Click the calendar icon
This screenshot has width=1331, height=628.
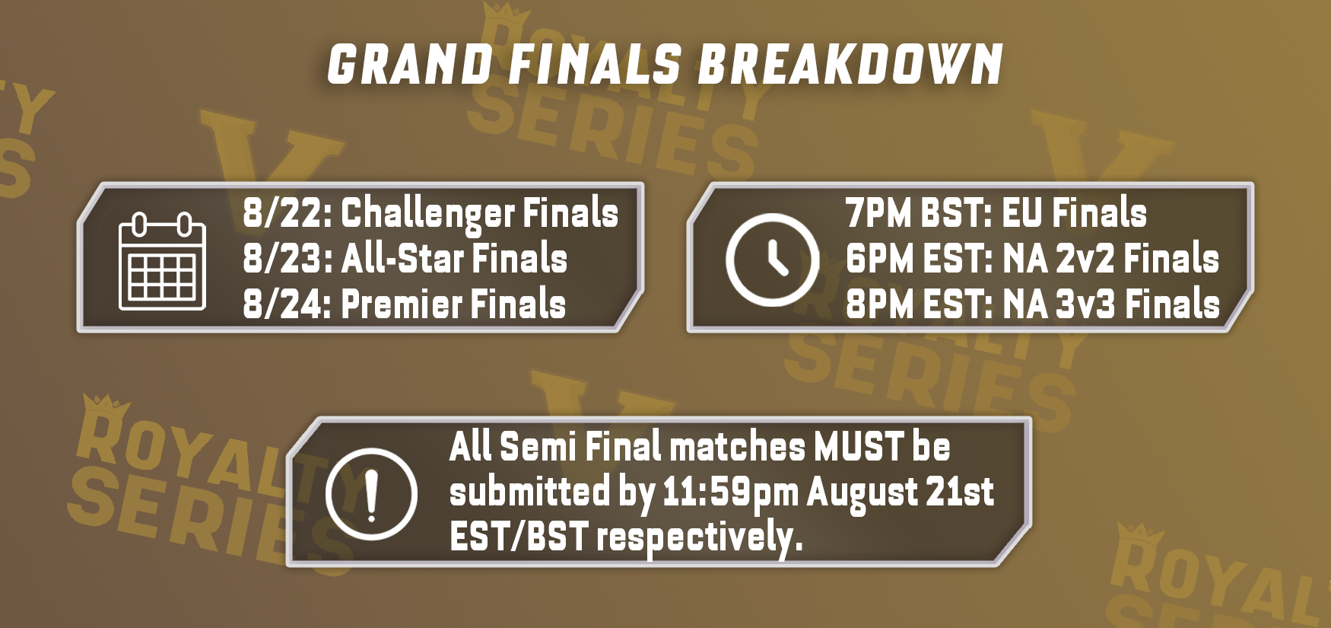pos(163,261)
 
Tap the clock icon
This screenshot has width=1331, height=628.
pos(771,260)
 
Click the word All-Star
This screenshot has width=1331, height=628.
pos(402,258)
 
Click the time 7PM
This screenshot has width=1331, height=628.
pos(878,212)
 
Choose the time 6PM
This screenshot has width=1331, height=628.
pos(878,258)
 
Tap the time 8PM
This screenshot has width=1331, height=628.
pos(878,304)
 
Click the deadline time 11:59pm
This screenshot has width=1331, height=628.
pos(730,493)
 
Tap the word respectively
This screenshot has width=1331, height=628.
pos(699,539)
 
